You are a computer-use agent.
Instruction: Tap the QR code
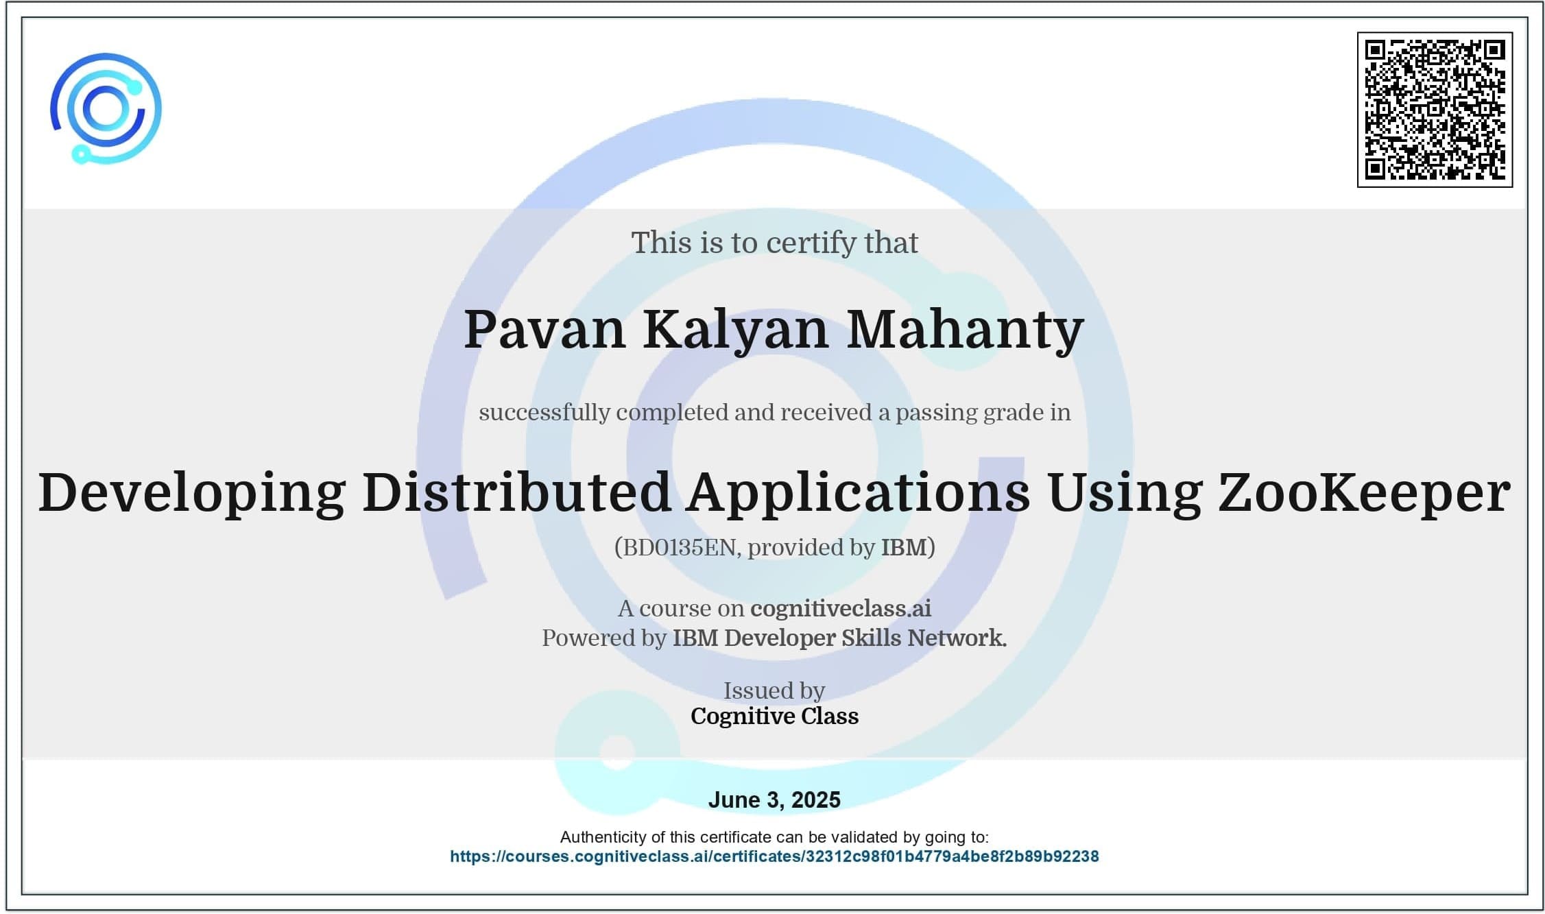[x=1435, y=109]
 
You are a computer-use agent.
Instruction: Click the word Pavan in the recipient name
[x=544, y=330]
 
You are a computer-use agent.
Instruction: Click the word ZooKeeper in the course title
[x=1363, y=493]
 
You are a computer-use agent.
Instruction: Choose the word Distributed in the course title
[x=516, y=492]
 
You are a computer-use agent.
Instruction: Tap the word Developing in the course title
[x=191, y=493]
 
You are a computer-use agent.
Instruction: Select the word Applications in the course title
[x=859, y=493]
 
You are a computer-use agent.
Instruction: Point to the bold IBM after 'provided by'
[x=904, y=547]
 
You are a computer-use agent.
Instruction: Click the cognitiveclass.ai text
[x=841, y=608]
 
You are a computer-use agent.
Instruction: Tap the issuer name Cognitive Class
[x=774, y=716]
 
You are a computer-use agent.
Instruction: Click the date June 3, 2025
[x=774, y=799]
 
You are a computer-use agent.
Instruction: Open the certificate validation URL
[x=774, y=856]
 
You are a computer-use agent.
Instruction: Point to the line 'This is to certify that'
[x=774, y=243]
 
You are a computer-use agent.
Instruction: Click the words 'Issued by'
[x=774, y=690]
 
